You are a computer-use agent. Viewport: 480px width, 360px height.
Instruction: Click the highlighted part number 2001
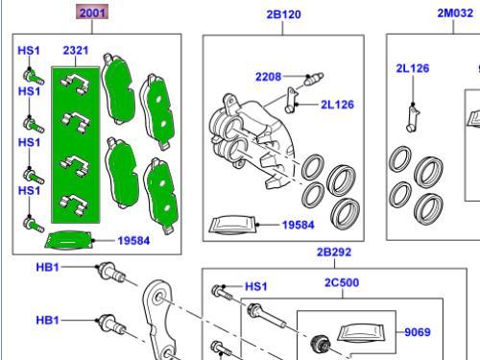(x=92, y=12)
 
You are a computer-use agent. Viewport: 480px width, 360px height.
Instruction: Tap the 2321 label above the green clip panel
(x=76, y=50)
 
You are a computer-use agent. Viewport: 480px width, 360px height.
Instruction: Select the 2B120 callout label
(x=283, y=14)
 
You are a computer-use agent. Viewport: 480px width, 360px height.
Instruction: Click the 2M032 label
(x=455, y=13)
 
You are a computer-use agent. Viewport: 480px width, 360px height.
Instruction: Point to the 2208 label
(x=268, y=77)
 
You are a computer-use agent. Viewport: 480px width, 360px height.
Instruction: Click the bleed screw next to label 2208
(x=314, y=79)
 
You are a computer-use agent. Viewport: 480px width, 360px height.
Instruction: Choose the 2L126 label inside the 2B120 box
(x=337, y=105)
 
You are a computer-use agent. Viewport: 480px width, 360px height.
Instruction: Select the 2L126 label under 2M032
(x=413, y=68)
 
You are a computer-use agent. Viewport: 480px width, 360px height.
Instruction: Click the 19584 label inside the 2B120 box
(x=298, y=225)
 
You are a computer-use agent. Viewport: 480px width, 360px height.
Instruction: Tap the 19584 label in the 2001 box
(x=133, y=241)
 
